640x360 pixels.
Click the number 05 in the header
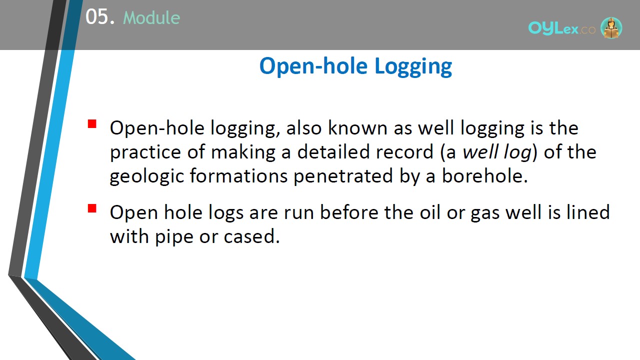pos(97,16)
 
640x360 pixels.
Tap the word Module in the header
pos(151,18)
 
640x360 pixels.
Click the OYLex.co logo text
pos(561,28)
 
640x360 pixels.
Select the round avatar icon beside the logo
pos(611,27)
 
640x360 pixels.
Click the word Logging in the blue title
pos(413,66)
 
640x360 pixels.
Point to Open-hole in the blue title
pos(313,66)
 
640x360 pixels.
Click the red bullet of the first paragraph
pos(92,123)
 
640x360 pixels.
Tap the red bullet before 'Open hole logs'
pos(92,208)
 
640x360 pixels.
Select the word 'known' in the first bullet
pos(357,127)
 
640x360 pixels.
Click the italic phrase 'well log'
pos(497,152)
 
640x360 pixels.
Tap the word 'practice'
pos(145,152)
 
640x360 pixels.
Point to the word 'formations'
pos(238,175)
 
